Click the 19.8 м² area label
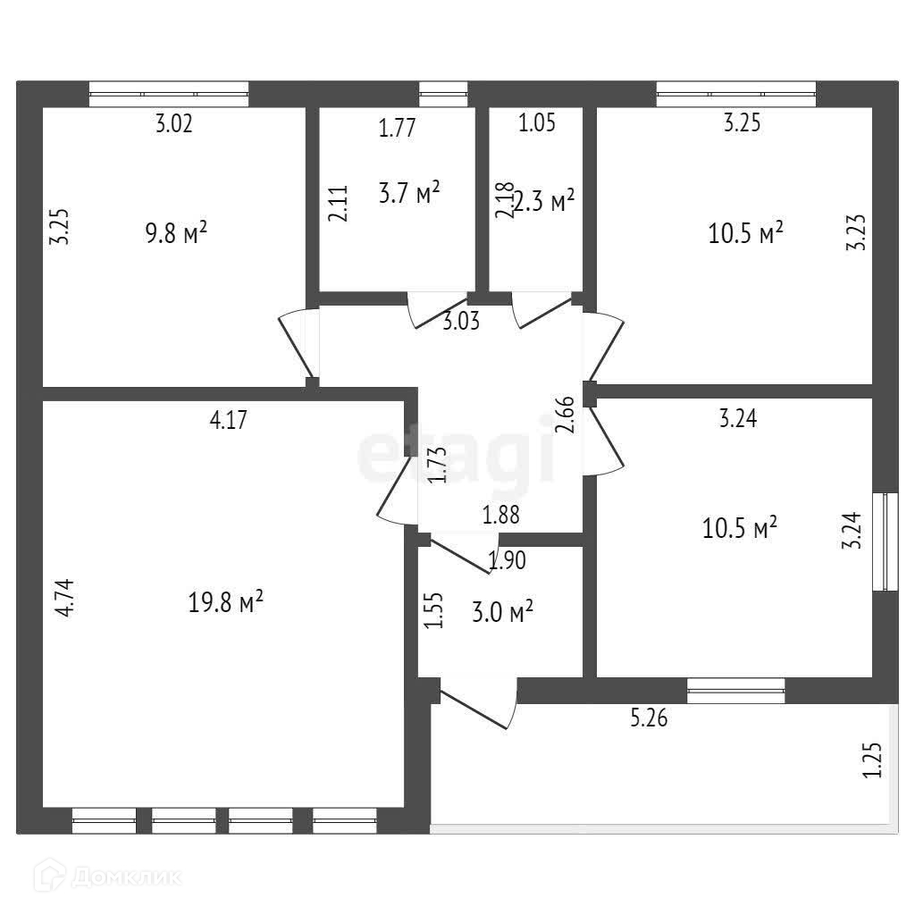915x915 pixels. point(225,603)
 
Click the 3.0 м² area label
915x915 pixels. point(502,612)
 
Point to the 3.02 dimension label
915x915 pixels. point(174,123)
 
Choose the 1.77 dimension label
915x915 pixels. point(397,128)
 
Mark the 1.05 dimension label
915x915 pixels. point(537,123)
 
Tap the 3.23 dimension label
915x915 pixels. point(855,231)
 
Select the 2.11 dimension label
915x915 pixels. point(337,203)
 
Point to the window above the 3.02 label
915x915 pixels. point(169,94)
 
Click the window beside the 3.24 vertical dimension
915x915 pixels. point(886,541)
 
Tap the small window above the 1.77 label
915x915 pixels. point(443,94)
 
